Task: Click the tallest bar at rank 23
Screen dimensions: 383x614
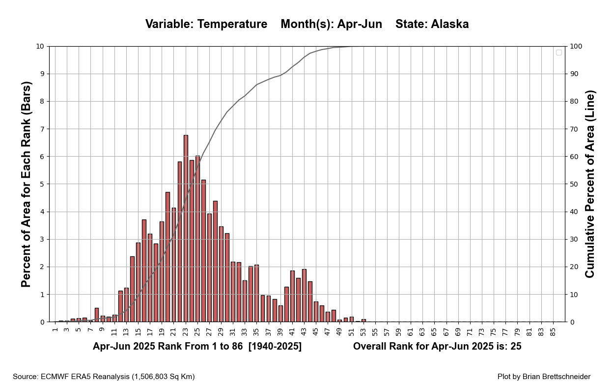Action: point(186,229)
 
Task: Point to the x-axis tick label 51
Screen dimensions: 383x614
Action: point(352,332)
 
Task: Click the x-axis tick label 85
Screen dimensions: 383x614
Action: point(553,332)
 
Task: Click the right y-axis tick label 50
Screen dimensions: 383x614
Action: point(574,184)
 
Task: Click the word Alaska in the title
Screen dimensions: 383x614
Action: point(449,24)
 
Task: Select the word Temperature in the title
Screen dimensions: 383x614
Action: point(232,24)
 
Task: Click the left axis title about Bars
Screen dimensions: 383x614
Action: point(27,184)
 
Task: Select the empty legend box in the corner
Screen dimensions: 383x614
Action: point(558,53)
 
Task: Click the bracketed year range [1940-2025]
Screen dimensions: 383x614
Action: point(275,346)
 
